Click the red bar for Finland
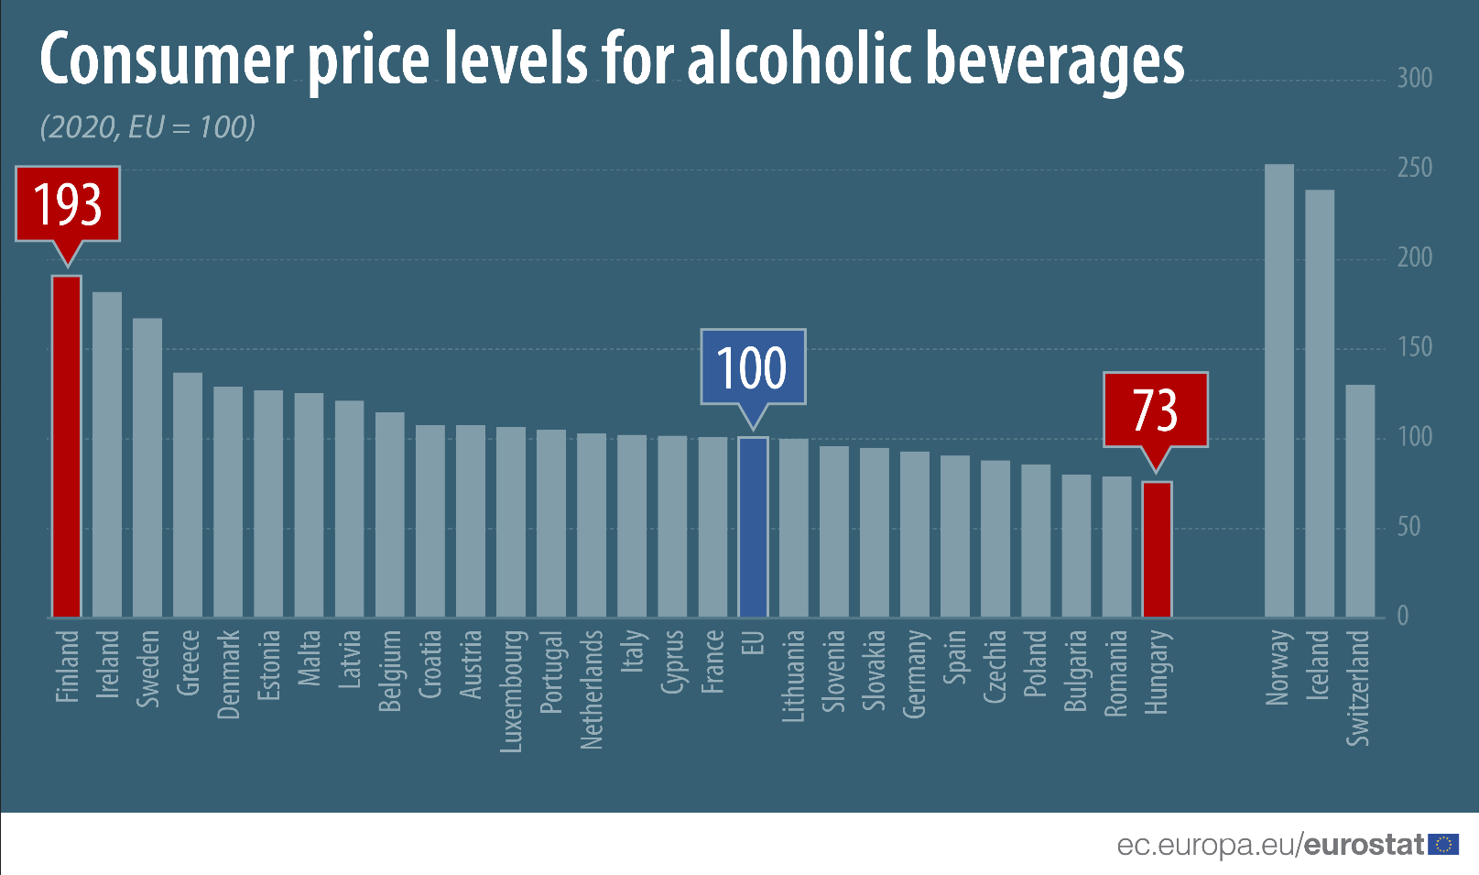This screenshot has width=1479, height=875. coord(67,446)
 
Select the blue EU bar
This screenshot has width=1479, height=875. coord(753,527)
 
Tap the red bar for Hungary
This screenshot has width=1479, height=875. coord(1157,549)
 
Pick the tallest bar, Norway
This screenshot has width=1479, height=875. coord(1278,391)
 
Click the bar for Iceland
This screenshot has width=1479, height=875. coord(1319,403)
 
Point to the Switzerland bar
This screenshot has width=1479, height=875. coord(1360,500)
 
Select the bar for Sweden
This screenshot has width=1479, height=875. coord(147,467)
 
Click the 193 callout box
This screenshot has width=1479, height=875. coord(68,203)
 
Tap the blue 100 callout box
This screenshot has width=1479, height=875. coord(753,366)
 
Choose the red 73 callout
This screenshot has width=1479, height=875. coord(1156,410)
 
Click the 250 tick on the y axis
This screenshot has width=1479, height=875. coord(1414,168)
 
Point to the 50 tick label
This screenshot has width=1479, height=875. coord(1408,527)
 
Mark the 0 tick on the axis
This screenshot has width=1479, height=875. coord(1402,616)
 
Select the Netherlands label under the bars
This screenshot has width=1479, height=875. coord(592,689)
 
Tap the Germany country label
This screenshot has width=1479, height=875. coord(914,673)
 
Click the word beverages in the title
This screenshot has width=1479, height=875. coord(1055,60)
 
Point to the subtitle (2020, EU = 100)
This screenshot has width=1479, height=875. coord(147,126)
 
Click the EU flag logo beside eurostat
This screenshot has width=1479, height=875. coord(1443,844)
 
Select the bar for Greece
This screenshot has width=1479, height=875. coord(188,494)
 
